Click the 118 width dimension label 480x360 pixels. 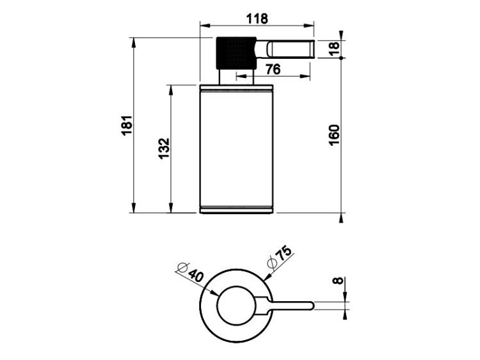[257, 19]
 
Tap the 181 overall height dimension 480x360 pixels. [127, 125]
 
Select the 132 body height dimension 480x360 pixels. [164, 148]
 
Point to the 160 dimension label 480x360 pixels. [334, 135]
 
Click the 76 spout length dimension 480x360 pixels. [273, 70]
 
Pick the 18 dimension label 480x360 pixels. [334, 49]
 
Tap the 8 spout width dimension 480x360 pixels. [339, 280]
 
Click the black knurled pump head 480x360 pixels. [236, 53]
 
